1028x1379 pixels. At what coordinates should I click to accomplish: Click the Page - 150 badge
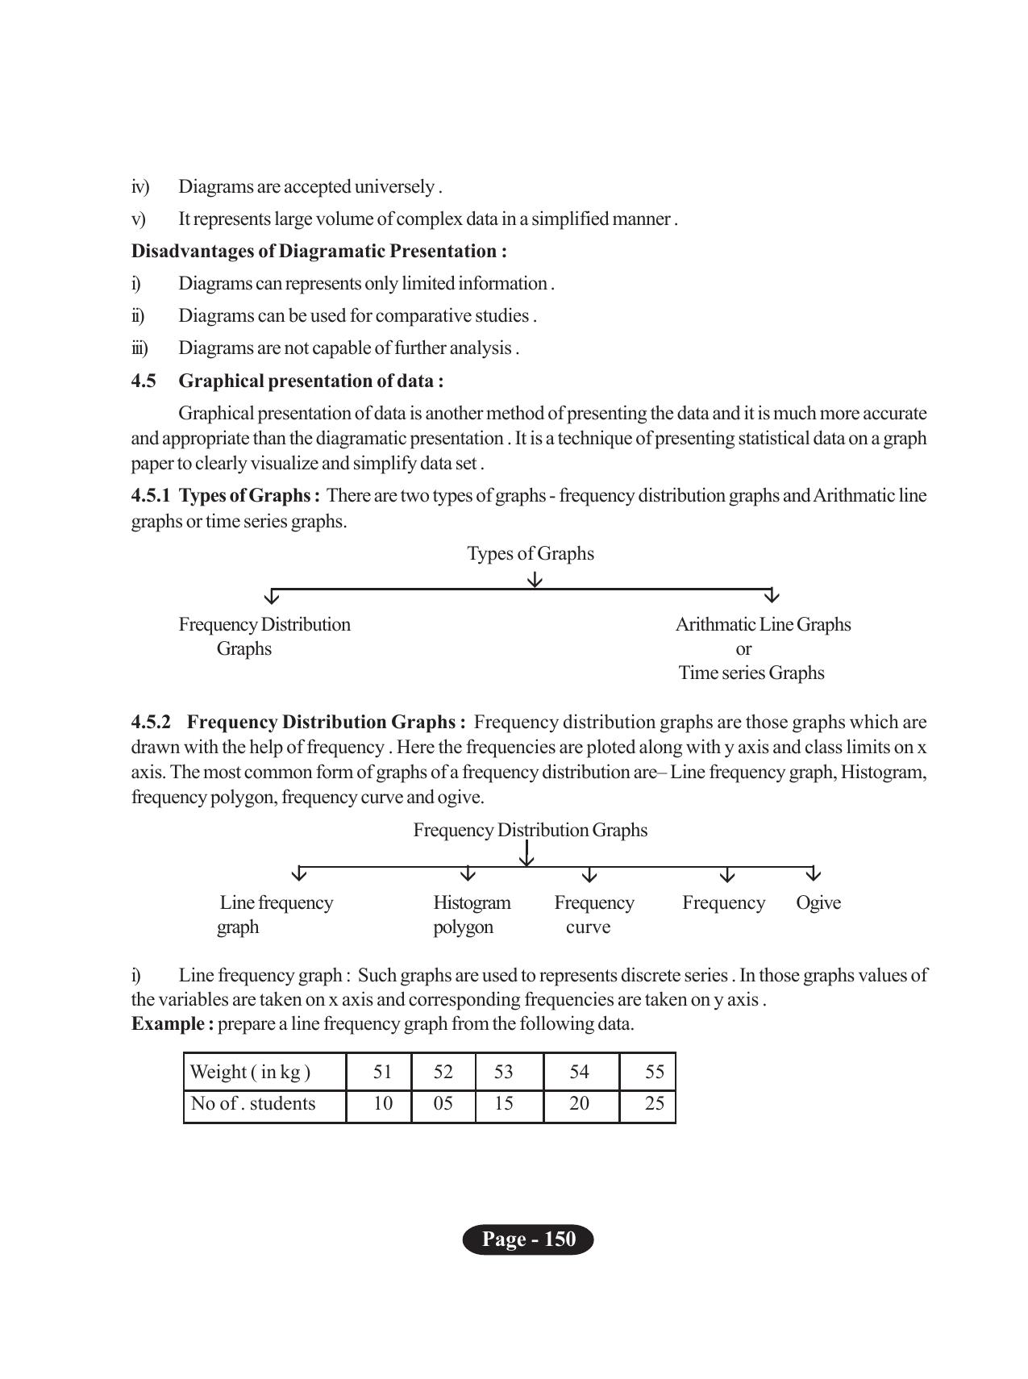coord(528,1239)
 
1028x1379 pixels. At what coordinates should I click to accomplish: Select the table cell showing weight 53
coord(503,1072)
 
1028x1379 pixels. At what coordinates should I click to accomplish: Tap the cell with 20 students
coord(579,1103)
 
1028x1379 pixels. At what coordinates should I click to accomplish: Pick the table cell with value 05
coord(443,1103)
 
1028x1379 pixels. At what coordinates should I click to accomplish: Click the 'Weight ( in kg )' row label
coord(250,1072)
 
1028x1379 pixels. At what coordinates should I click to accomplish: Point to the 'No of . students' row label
coord(252,1103)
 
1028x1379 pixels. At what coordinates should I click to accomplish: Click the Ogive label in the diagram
coord(818,902)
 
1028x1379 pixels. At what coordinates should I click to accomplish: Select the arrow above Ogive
coord(814,874)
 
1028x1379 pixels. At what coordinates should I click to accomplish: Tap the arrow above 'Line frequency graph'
coord(299,874)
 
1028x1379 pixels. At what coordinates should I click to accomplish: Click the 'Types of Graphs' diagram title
coord(531,554)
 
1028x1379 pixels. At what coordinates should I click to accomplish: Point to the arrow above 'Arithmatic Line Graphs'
coord(772,596)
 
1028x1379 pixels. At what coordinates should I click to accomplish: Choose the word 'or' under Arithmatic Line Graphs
coord(743,649)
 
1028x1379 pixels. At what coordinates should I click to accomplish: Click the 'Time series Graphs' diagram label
coord(751,673)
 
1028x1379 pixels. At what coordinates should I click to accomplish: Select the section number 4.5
coord(144,381)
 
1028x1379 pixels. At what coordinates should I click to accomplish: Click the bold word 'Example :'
coord(173,1024)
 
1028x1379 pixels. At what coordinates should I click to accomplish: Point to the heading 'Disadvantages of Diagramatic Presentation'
coord(318,251)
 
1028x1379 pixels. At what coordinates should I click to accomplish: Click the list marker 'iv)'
coord(140,187)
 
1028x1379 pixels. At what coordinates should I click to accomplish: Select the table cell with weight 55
coord(654,1072)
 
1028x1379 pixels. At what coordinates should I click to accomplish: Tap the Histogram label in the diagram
coord(472,902)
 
